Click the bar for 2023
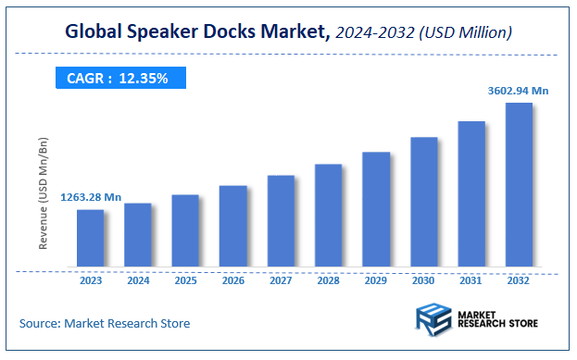coord(90,239)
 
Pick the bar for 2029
coord(376,210)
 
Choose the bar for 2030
coord(424,203)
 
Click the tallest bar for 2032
coord(519,185)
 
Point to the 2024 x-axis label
coord(138,279)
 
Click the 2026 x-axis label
coord(233,279)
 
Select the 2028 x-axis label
coord(329,279)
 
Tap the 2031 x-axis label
coord(471,279)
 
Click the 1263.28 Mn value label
coord(92,197)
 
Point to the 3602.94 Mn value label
coord(519,91)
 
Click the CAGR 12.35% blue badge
coord(118,79)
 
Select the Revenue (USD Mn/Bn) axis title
coord(43,195)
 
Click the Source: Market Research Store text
coord(105,323)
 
